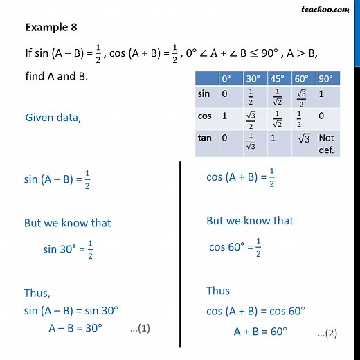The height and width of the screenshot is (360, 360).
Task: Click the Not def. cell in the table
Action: click(326, 142)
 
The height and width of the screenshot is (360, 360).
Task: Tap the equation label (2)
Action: click(327, 333)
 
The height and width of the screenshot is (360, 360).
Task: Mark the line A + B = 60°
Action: click(260, 330)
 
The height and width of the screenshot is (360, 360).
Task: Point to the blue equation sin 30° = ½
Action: click(68, 251)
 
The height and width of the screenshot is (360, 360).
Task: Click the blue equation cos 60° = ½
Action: click(235, 247)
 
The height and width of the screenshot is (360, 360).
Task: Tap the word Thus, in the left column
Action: click(37, 293)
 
